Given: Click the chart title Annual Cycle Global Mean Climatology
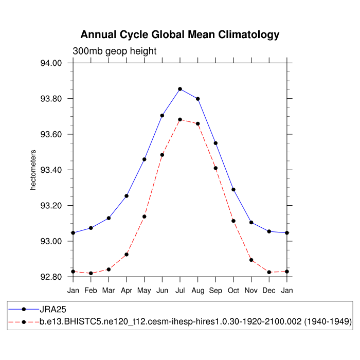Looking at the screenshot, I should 180,35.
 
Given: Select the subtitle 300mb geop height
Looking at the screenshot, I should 114,51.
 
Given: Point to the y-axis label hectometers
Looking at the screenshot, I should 33,170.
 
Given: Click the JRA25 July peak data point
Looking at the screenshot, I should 180,89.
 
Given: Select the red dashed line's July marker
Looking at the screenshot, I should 180,119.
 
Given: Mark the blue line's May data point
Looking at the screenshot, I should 145,159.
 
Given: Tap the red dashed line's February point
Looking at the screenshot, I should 91,273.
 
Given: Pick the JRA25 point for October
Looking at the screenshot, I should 233,190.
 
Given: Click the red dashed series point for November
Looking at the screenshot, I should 251,260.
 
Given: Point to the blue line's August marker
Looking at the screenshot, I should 198,99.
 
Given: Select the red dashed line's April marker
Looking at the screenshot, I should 127,255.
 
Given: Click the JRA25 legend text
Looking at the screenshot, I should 53,310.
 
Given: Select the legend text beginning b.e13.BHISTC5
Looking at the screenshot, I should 195,321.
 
